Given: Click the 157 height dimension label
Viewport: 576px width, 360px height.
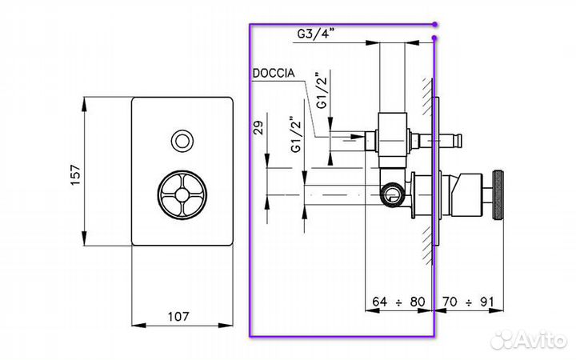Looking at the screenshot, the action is tap(75, 174).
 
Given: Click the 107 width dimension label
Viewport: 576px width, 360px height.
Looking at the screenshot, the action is tap(178, 316).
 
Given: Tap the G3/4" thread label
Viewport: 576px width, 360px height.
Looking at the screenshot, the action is tap(316, 34).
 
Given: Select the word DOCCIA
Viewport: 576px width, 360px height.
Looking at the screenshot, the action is tap(274, 73).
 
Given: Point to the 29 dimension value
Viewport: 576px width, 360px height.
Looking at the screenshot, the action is tap(259, 127).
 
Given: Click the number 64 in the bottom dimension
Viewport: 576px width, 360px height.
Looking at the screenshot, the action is tap(379, 302).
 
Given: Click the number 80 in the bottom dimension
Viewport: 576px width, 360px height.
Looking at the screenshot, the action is tap(418, 302).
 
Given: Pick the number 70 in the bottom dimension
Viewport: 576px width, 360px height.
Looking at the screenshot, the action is tap(450, 302).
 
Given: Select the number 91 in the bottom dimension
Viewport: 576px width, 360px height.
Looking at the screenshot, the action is tap(487, 302).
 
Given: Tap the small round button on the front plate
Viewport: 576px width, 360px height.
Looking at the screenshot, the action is tap(182, 141).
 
